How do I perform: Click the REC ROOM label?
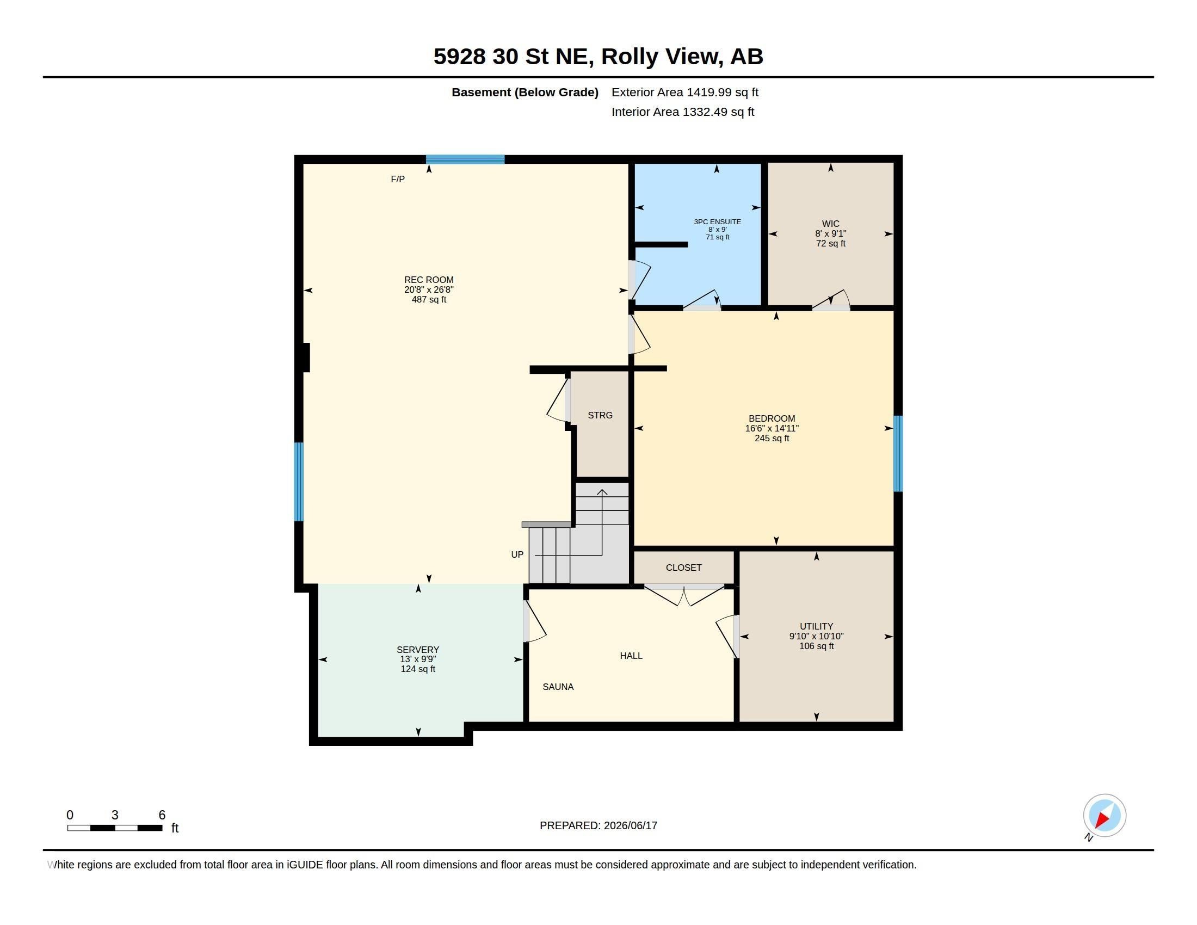(429, 280)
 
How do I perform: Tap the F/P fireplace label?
(398, 179)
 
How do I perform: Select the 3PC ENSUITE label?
(718, 222)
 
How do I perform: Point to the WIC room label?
(830, 224)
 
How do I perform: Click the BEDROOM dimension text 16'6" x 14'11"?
(772, 429)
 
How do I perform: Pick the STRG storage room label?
(600, 415)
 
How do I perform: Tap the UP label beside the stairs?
(517, 554)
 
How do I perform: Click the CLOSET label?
(683, 568)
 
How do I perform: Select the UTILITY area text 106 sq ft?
(817, 646)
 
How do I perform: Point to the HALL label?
(631, 656)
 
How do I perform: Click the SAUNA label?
(558, 687)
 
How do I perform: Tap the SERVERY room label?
(418, 650)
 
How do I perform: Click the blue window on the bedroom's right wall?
(898, 454)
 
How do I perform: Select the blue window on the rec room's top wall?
(465, 159)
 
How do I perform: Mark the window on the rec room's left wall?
(299, 482)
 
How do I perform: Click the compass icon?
(1105, 816)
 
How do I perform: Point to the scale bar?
(115, 828)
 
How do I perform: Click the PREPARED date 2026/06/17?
(630, 826)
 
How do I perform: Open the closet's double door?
(684, 595)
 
